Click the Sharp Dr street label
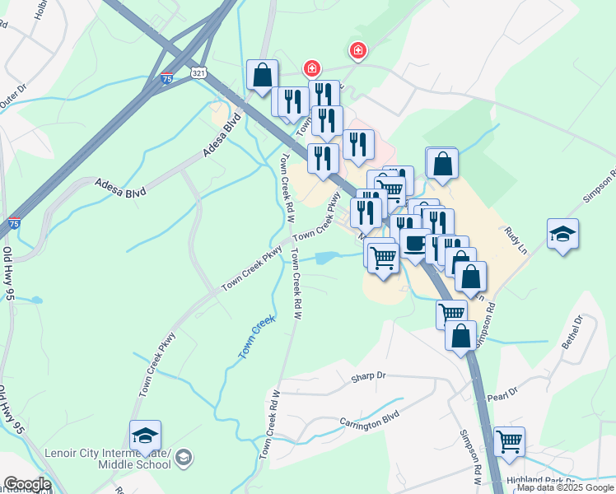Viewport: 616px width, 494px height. click(x=368, y=376)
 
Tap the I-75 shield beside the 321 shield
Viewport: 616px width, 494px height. click(x=167, y=79)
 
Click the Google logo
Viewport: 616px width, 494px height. click(x=26, y=484)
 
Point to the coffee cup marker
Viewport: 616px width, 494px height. click(x=415, y=243)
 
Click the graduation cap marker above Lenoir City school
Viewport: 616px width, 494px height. click(x=145, y=436)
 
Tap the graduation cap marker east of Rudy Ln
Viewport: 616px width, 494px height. click(x=562, y=234)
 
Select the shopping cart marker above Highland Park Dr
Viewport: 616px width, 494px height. click(x=509, y=442)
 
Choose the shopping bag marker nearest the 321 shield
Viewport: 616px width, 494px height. click(x=261, y=75)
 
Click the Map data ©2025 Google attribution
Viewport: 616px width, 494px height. click(x=565, y=487)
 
